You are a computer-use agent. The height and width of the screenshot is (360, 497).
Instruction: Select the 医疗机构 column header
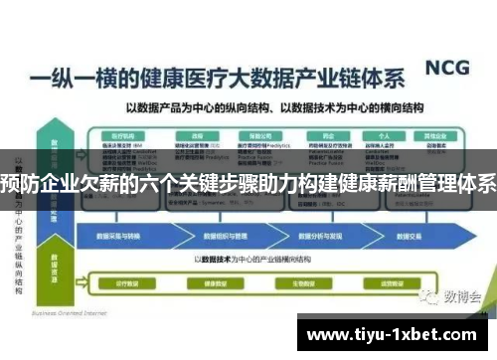pyautogui.click(x=123, y=133)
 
